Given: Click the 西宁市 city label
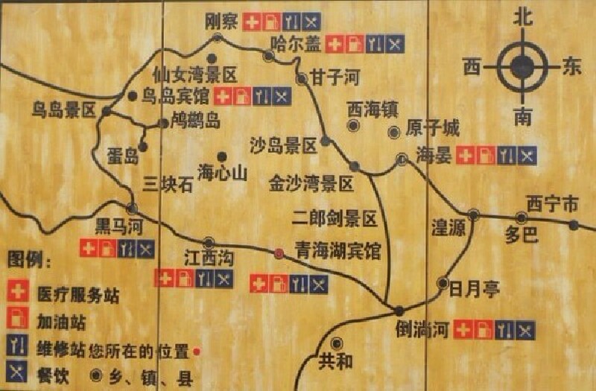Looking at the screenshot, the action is [x=552, y=203].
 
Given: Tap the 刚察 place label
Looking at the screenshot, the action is [x=221, y=22].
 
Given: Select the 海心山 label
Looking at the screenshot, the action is [x=222, y=174].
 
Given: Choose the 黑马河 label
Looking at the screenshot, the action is [x=118, y=224].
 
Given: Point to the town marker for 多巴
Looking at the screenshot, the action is [x=521, y=217].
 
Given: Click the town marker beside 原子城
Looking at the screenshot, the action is [x=393, y=133].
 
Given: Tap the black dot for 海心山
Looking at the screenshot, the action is [x=221, y=156].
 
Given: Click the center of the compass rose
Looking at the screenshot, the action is [x=524, y=66].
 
